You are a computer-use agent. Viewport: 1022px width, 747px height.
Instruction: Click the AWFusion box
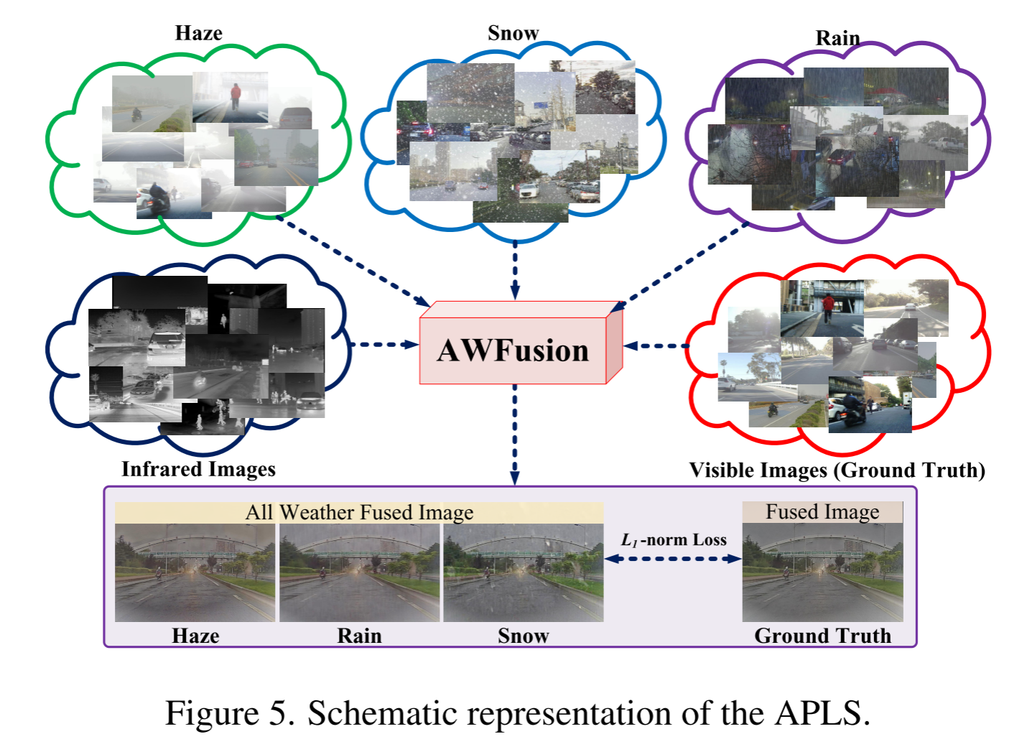pos(513,350)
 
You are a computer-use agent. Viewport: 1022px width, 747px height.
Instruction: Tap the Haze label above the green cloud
pos(198,33)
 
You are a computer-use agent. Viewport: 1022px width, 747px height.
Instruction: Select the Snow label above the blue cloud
pos(513,33)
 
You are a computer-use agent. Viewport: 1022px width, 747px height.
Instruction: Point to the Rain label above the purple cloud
pos(837,38)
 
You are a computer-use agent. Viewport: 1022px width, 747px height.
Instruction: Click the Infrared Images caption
pos(198,469)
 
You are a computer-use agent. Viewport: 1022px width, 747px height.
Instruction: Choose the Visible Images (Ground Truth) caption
pos(837,470)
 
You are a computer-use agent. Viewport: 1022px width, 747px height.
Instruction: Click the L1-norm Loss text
pos(674,539)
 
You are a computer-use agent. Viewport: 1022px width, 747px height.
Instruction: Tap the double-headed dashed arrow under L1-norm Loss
pos(673,559)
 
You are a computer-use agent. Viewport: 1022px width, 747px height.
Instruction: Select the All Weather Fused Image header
pos(359,512)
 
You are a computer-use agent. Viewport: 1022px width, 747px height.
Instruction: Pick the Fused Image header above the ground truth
pos(822,511)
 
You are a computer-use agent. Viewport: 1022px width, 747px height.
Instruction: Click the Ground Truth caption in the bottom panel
pos(822,636)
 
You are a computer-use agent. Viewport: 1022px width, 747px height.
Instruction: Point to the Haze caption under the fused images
pos(195,636)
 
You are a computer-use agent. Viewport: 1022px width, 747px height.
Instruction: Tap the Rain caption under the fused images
pos(359,636)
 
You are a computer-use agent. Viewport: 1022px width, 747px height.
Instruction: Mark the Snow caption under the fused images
pos(523,636)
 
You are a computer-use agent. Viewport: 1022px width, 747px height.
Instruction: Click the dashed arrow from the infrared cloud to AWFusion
pos(384,345)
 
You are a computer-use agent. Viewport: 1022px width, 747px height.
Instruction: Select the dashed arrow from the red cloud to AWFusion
pos(655,346)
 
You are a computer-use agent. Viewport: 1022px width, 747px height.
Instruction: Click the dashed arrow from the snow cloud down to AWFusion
pos(515,269)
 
